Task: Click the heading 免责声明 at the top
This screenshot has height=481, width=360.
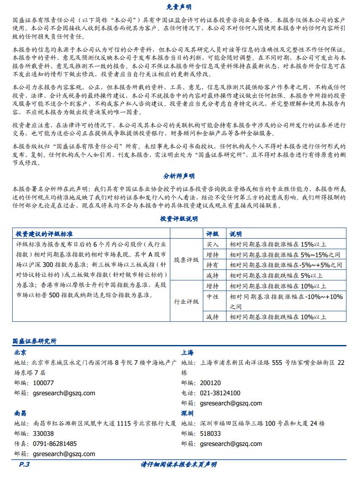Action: click(179, 7)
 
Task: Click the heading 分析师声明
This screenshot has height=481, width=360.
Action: click(179, 176)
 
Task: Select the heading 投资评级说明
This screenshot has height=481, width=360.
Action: click(179, 219)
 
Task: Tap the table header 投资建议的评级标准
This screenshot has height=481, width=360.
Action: click(44, 234)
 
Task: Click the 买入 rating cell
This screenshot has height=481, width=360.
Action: click(213, 244)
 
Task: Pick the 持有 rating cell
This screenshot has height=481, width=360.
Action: click(213, 265)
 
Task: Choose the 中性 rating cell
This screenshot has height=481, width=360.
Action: click(213, 297)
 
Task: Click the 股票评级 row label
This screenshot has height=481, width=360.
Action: click(186, 260)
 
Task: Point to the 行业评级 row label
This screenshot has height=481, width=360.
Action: click(186, 302)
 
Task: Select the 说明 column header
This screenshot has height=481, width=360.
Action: click(236, 234)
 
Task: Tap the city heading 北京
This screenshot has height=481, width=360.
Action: click(20, 352)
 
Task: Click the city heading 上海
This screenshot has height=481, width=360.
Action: click(188, 352)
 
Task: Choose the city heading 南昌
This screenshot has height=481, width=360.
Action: click(20, 413)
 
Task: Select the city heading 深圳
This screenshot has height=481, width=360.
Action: click(188, 413)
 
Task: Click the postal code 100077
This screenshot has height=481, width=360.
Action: click(43, 383)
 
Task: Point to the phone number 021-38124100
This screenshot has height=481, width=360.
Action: click(220, 393)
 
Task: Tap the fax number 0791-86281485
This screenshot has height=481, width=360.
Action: click(55, 444)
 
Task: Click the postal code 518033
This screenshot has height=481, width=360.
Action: click(210, 434)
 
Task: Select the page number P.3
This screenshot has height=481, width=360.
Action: click(24, 465)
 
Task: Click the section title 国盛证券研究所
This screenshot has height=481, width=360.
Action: click(35, 340)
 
